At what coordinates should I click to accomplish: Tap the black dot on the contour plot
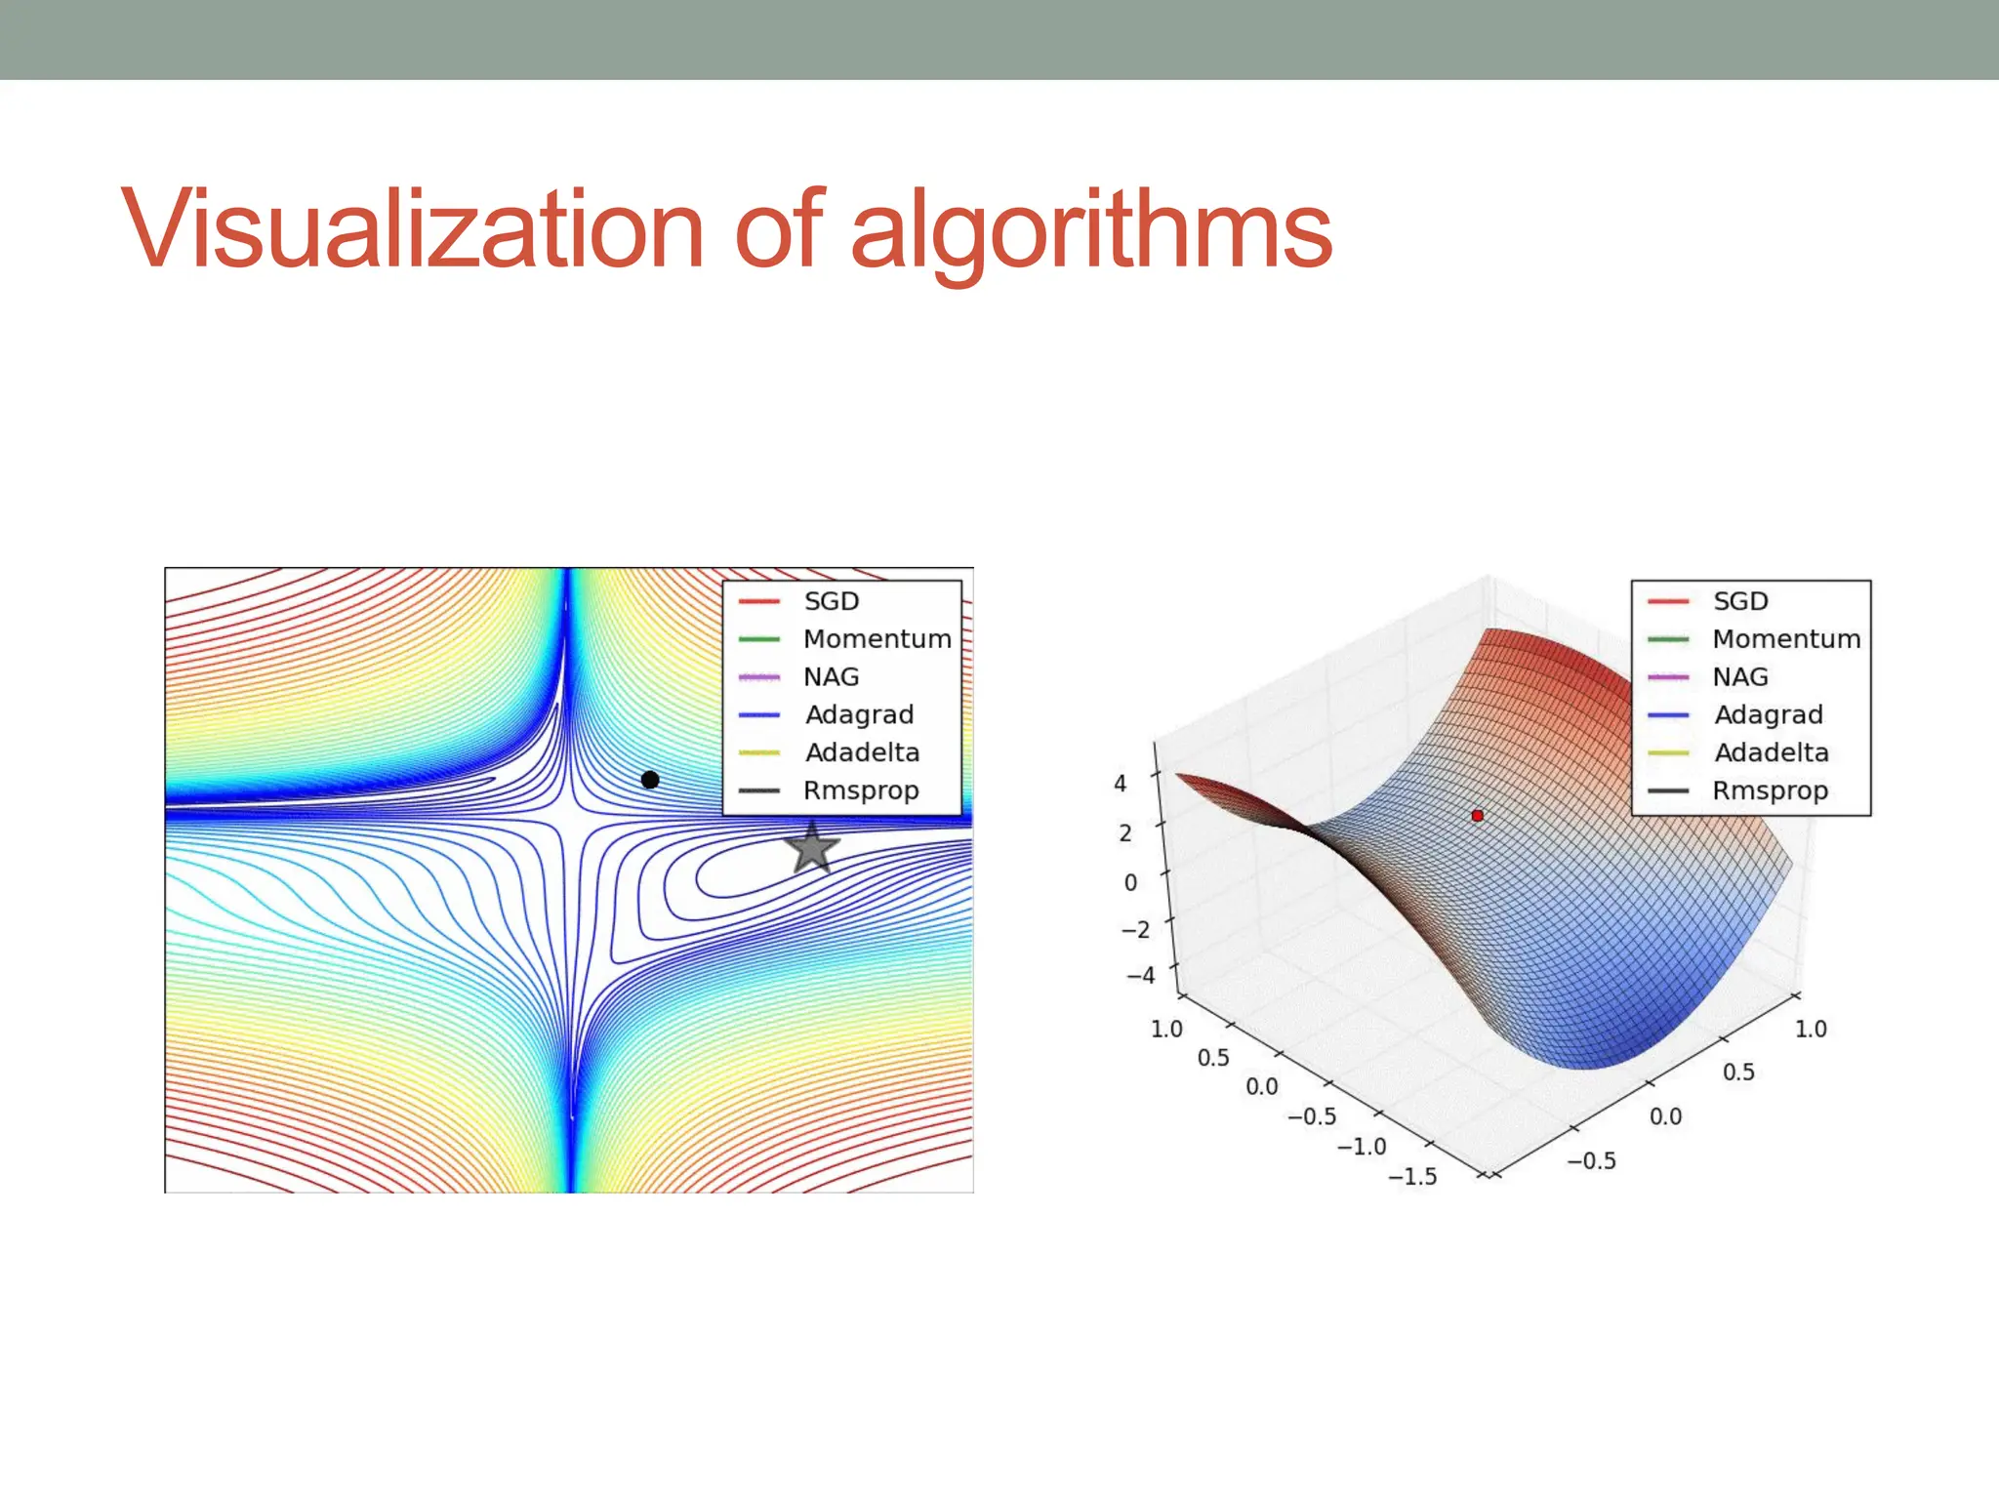(x=650, y=779)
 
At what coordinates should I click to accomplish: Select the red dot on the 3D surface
(x=1477, y=815)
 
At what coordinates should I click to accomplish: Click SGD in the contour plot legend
(x=831, y=601)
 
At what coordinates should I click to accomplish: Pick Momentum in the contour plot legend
(x=877, y=639)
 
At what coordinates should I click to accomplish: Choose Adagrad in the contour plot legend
(x=859, y=714)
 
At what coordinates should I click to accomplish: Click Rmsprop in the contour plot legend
(x=861, y=790)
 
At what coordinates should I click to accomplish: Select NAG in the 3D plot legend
(x=1740, y=677)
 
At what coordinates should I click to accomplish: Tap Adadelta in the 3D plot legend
(x=1771, y=752)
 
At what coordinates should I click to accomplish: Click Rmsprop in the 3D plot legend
(x=1770, y=790)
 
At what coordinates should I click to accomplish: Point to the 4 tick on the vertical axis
(x=1121, y=783)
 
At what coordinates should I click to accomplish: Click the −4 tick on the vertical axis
(x=1140, y=975)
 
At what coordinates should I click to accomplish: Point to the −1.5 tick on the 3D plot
(x=1412, y=1177)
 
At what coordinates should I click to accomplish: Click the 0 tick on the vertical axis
(x=1130, y=883)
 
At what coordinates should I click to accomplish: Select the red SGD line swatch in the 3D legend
(x=1668, y=602)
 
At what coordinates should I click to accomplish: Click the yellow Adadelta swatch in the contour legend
(x=759, y=753)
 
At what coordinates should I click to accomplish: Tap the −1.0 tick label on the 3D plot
(x=1362, y=1147)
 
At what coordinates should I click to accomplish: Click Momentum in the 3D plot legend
(x=1786, y=639)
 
